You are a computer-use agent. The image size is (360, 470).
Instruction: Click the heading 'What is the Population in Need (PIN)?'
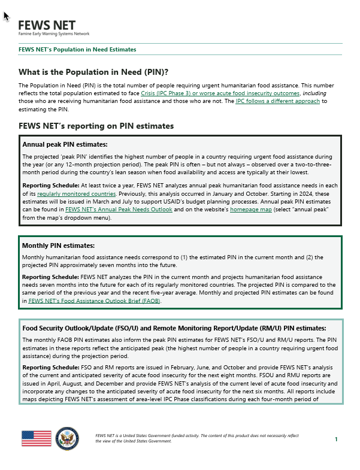point(93,72)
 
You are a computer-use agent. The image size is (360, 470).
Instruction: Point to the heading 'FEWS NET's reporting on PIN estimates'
point(96,126)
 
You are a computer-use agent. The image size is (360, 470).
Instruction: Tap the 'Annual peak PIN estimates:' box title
point(65,144)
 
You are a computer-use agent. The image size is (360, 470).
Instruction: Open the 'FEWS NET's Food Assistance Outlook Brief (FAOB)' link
point(94,301)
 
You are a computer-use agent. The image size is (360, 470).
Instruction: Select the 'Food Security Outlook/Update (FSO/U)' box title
point(174,328)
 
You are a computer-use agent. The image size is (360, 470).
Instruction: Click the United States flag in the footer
point(37,439)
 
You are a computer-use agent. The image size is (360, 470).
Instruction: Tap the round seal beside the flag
point(66,438)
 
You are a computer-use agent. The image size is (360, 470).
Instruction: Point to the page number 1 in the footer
point(336,439)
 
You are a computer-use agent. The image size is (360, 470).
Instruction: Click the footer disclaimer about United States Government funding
point(196,438)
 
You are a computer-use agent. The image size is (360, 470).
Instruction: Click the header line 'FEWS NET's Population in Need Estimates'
point(77,50)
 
